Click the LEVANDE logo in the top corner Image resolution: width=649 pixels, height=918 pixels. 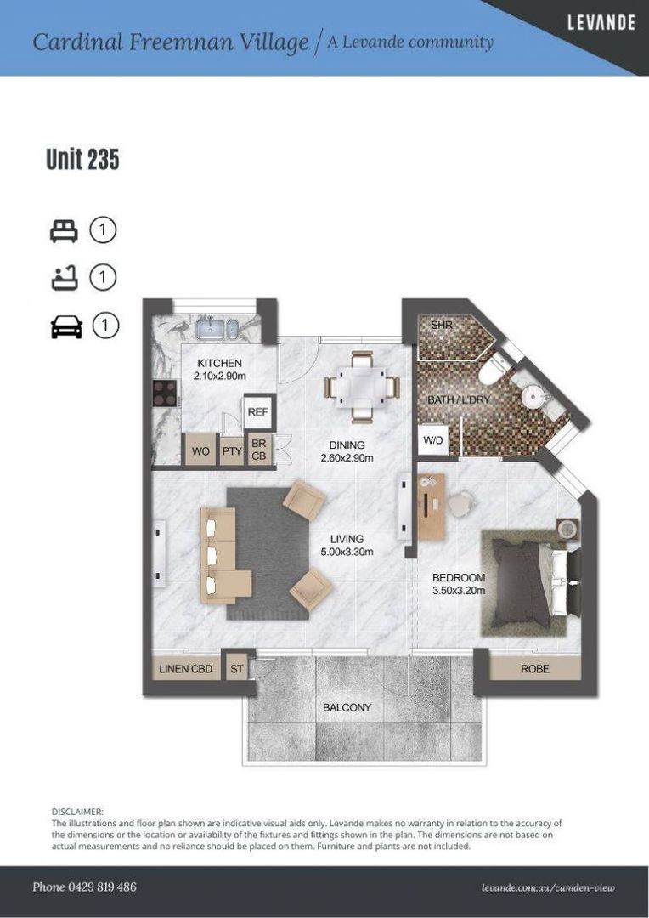[601, 23]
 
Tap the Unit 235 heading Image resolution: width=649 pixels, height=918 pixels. [82, 159]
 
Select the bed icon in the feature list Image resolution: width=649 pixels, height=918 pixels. [64, 230]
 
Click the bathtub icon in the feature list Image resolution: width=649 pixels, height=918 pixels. [64, 277]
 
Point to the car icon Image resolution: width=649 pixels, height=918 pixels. [66, 326]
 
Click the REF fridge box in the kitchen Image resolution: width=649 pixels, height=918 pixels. [257, 412]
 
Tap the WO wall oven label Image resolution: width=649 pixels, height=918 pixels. [200, 450]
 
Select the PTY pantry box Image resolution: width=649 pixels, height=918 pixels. [232, 451]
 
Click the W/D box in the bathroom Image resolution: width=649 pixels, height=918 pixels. [433, 440]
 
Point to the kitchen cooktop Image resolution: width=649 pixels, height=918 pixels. [165, 394]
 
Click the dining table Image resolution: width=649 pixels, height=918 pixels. [362, 387]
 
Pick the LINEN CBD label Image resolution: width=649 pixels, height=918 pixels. [185, 669]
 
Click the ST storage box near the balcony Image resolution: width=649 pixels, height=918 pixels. [236, 669]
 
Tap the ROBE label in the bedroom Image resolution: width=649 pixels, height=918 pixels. [535, 669]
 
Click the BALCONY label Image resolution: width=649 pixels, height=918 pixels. [347, 707]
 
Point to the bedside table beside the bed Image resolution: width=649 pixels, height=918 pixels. [567, 530]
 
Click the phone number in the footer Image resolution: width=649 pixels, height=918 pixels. [84, 887]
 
